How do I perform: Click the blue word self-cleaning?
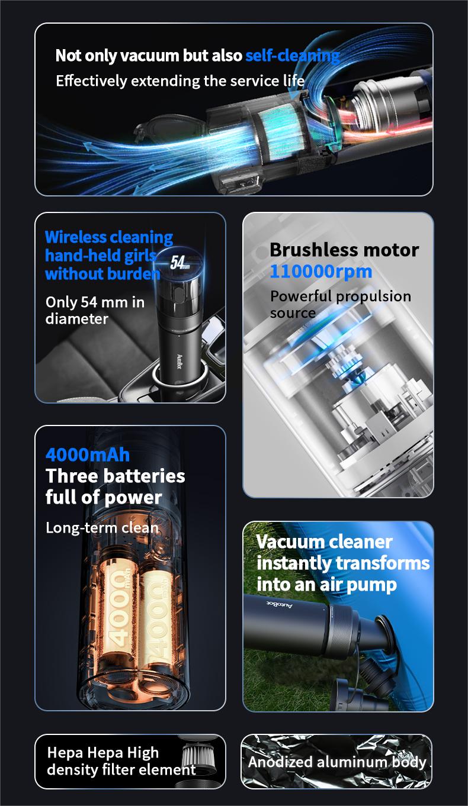point(293,56)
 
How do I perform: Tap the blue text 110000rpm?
point(320,271)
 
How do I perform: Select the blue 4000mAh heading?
point(88,455)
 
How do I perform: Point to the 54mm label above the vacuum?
point(179,263)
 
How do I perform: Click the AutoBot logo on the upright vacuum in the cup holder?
point(179,361)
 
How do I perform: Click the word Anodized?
point(275,762)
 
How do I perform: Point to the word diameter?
point(77,319)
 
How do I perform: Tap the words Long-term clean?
point(102,528)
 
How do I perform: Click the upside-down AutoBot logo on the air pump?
point(280,605)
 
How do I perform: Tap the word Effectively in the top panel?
point(91,81)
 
